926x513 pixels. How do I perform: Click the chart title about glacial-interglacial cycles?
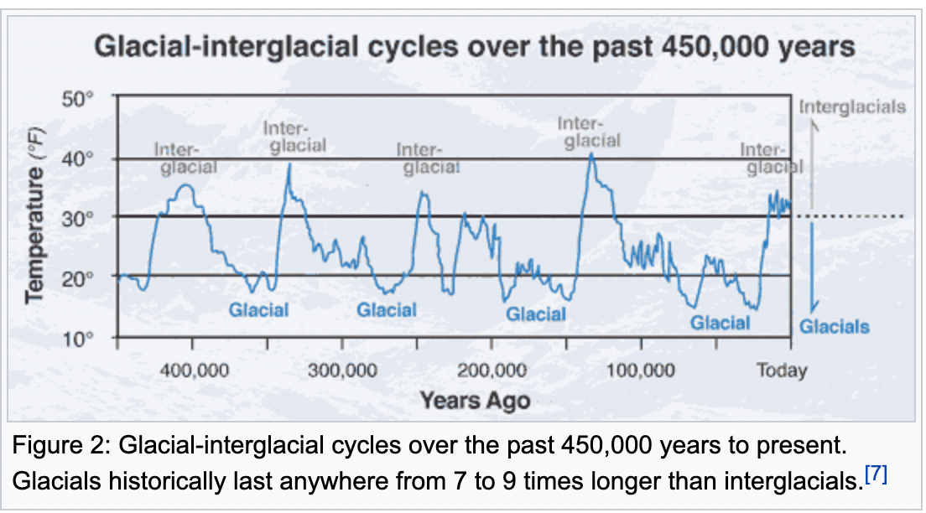(475, 45)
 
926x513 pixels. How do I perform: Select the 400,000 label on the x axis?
(194, 370)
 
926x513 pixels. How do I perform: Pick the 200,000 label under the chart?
(492, 370)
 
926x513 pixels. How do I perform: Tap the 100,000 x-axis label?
(640, 370)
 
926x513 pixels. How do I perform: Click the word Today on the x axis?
(781, 370)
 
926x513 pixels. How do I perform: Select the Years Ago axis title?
(475, 399)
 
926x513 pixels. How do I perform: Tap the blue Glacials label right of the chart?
(834, 327)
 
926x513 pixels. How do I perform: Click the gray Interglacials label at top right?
(852, 107)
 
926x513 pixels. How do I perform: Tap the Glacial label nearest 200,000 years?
(535, 314)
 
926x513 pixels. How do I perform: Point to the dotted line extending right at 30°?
(847, 216)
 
